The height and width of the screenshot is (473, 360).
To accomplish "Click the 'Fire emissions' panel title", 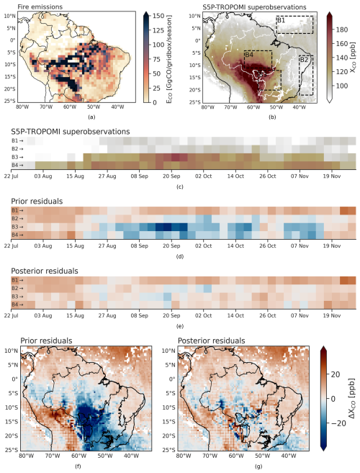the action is click(x=40, y=6).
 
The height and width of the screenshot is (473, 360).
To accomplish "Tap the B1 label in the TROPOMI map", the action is click(x=281, y=20).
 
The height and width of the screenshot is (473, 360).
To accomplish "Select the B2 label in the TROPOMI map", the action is click(x=304, y=60).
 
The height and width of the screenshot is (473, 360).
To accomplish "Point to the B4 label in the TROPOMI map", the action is click(x=249, y=55).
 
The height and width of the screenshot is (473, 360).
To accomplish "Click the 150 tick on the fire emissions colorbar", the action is click(x=158, y=16).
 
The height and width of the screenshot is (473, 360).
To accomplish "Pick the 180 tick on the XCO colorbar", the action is click(x=341, y=30).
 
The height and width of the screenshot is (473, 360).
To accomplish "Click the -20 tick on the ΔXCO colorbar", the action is click(x=338, y=423).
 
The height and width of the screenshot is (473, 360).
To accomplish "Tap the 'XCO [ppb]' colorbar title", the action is click(x=353, y=57).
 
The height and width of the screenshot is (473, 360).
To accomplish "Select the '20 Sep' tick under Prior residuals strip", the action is click(x=171, y=245).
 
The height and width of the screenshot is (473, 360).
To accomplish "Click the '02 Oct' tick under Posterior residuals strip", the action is click(x=203, y=315).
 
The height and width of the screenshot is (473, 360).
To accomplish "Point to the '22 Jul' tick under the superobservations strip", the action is click(x=12, y=176).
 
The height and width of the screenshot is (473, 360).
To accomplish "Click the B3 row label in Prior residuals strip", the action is click(x=15, y=227).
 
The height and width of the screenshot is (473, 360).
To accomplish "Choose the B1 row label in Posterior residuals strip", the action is click(x=15, y=280).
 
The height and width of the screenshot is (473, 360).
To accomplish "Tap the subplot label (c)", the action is click(x=180, y=187).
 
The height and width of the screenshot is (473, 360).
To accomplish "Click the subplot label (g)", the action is click(x=258, y=467).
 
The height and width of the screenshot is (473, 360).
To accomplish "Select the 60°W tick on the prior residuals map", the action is click(x=78, y=455).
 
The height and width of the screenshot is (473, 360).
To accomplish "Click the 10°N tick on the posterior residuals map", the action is click(x=169, y=351).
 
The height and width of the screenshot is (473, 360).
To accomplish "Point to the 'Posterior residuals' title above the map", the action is click(x=211, y=341).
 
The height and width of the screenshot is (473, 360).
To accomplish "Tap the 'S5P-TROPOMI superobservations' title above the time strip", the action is click(x=71, y=132).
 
